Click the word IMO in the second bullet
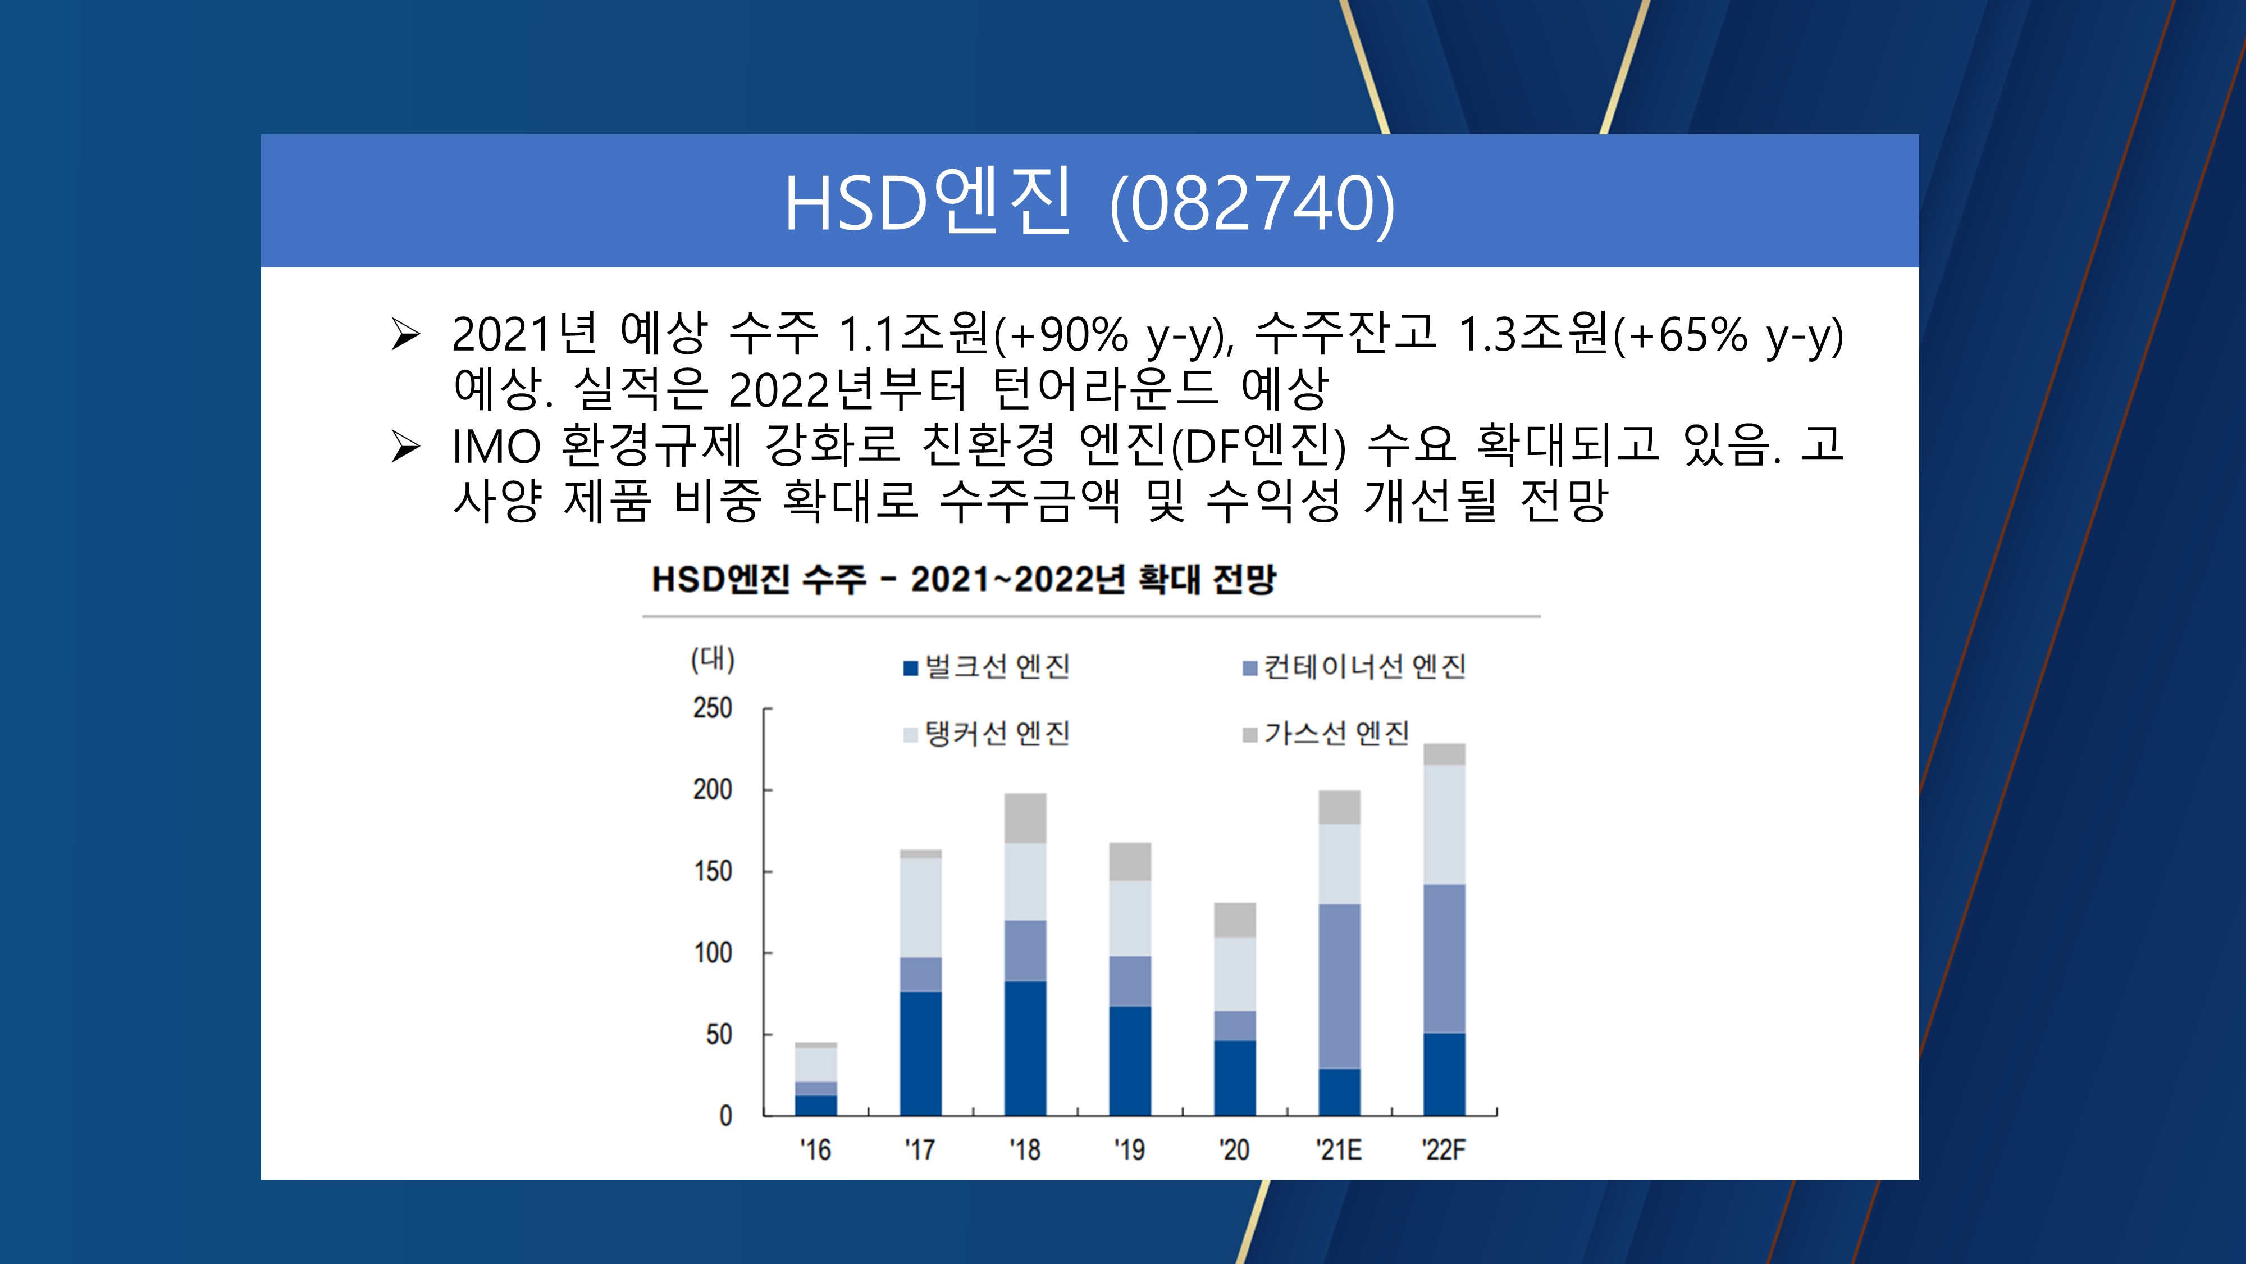coord(496,447)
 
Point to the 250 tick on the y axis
coord(713,707)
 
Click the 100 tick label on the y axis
coord(713,953)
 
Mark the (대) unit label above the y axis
coord(713,658)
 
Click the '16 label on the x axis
coord(815,1150)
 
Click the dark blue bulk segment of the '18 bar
coord(1025,1048)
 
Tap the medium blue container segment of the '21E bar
coord(1339,986)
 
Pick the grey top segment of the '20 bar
coord(1235,920)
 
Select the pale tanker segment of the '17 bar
coord(921,908)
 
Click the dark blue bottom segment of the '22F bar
coord(1444,1074)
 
